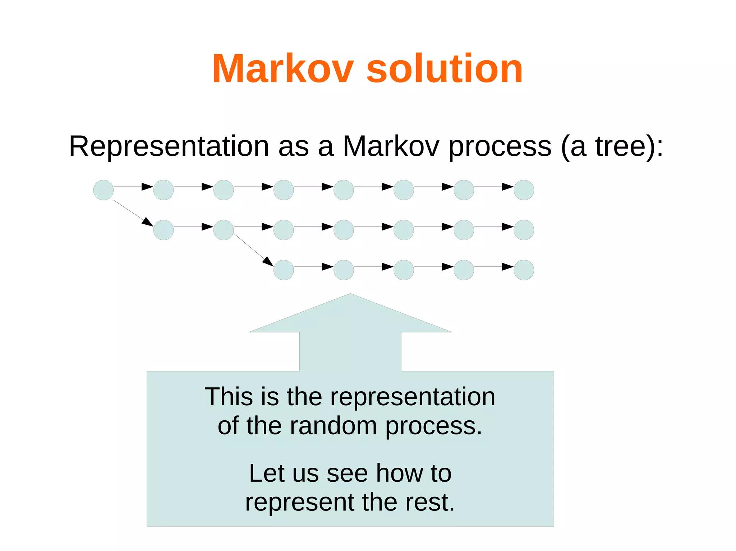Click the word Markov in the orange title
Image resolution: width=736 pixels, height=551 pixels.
pos(283,69)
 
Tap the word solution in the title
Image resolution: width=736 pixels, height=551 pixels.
pos(444,69)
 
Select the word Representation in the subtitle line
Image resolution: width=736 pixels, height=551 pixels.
pos(169,146)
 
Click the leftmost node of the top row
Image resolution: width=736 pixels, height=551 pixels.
pos(103,190)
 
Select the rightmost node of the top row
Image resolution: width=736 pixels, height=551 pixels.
pos(524,190)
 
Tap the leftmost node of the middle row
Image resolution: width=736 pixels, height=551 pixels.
pos(164,230)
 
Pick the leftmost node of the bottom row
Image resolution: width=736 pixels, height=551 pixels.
pos(284,270)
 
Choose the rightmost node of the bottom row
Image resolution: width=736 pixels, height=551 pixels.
pos(524,270)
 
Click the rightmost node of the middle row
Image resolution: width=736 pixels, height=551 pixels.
pos(524,230)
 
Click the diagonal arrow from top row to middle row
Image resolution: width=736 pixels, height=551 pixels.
pos(133,213)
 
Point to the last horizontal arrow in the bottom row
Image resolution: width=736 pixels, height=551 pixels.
pos(494,267)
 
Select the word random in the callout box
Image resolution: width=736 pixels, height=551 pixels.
pos(333,426)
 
